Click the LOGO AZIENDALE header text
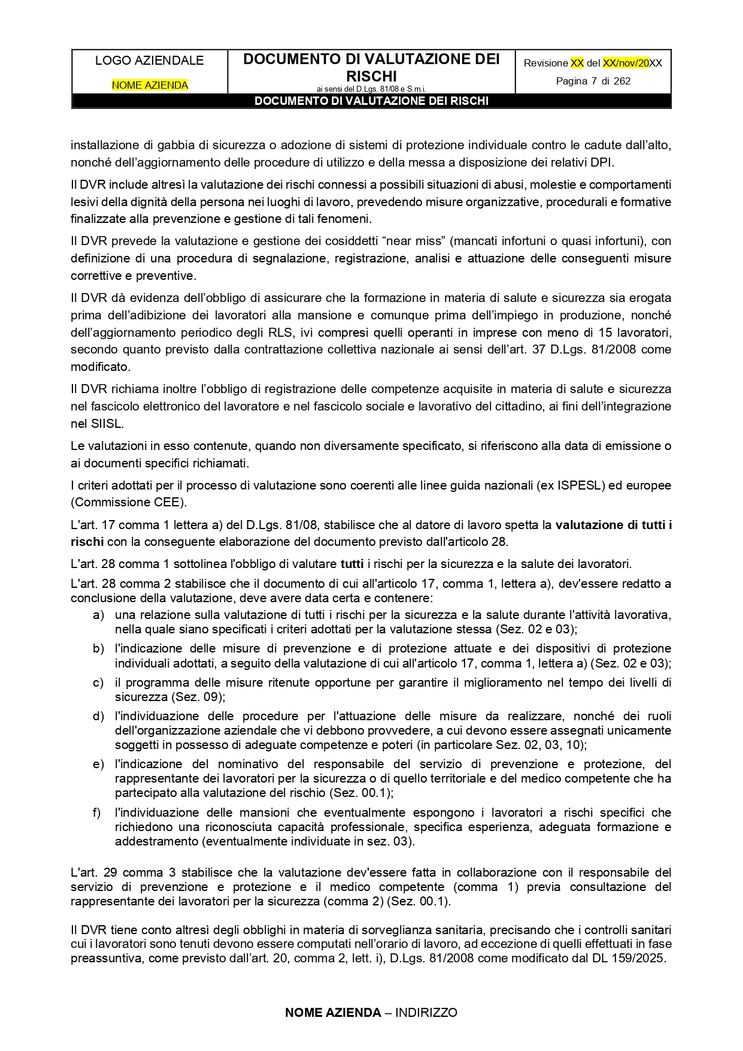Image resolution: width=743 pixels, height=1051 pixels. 149,61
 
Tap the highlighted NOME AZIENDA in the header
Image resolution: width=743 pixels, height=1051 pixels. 150,85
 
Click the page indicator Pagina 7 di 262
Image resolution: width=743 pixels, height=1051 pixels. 593,81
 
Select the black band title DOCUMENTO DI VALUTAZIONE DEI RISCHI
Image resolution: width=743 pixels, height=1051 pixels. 371,101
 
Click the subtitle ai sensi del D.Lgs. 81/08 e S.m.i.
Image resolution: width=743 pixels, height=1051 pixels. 371,89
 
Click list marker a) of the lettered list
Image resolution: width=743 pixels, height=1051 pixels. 98,615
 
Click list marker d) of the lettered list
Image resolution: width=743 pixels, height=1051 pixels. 98,716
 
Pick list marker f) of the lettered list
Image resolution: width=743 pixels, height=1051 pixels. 97,813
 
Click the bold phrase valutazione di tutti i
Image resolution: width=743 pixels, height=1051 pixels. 613,525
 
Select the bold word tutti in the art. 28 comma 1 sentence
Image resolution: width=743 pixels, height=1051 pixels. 352,564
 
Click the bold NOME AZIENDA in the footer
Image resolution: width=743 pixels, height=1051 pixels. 333,1013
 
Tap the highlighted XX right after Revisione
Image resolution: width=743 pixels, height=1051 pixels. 577,63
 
